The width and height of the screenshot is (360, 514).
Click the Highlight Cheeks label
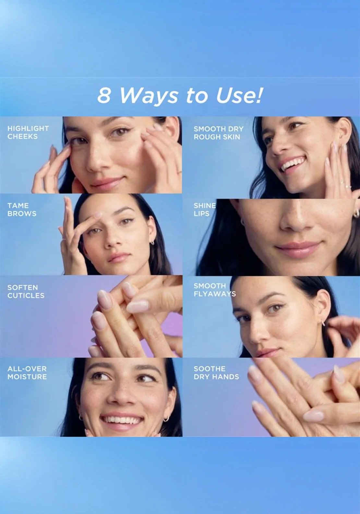coord(28,132)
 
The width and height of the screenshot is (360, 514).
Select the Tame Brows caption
coord(22,209)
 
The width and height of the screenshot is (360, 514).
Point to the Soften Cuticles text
coord(26,292)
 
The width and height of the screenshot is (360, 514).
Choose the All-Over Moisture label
coord(27,373)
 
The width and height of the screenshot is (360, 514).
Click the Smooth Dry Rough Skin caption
coord(218,133)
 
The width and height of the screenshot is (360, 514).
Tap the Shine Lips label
coord(205,209)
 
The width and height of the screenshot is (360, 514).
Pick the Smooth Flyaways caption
coord(214,290)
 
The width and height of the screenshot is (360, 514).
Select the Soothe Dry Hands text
coord(216,373)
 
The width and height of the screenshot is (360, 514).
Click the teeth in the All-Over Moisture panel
coord(122,420)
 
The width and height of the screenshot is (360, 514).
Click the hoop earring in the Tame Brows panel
coord(152,242)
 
